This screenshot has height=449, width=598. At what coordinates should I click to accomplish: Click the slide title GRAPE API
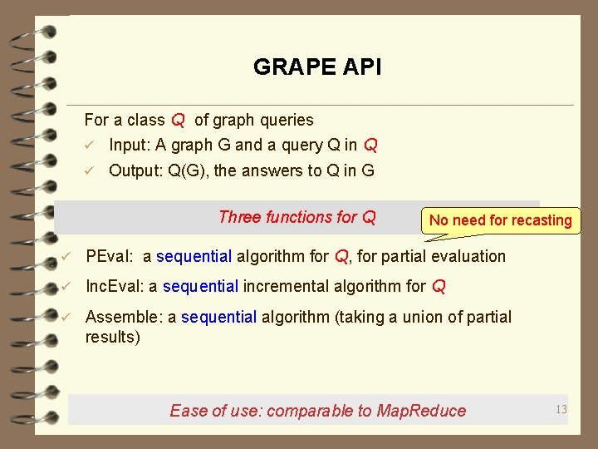pos(317,67)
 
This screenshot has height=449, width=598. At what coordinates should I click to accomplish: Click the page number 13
pos(561,408)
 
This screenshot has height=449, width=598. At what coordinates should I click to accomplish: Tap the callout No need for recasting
pos(500,220)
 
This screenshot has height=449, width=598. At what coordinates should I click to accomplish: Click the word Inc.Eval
pos(114,287)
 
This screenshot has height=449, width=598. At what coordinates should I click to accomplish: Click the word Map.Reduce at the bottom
pos(421,411)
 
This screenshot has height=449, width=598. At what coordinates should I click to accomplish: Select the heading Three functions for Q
pos(297,218)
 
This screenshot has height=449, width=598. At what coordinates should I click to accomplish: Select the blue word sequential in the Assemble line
pos(218,317)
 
